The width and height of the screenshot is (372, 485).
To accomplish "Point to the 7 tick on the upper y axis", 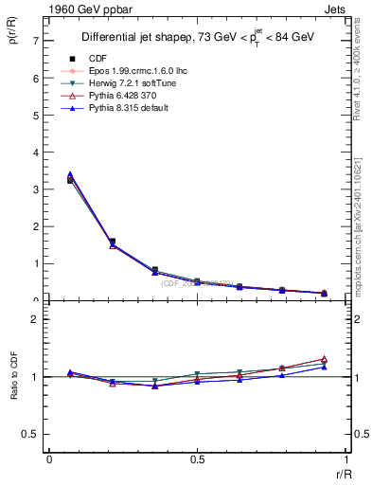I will coord(35,42).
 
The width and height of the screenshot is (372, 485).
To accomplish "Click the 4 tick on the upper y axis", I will coord(35,153).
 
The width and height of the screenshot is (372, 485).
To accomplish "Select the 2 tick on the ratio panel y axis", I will coord(35,320).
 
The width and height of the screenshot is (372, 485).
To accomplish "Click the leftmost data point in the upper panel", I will coord(70,178).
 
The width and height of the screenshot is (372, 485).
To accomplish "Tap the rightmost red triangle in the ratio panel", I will coord(324,359).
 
